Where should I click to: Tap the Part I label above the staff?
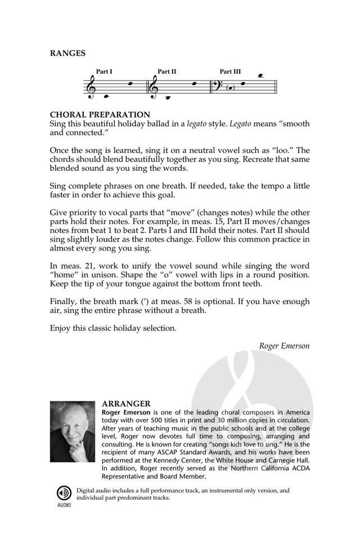104,71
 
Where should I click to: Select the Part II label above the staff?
167,71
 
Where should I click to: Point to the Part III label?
230,71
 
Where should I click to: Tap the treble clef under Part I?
90,87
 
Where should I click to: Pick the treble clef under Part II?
155,87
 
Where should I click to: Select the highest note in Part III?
260,75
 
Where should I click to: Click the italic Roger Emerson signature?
284,345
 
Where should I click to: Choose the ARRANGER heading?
126,404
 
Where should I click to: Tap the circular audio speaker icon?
62,494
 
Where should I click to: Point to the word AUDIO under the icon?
62,505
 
